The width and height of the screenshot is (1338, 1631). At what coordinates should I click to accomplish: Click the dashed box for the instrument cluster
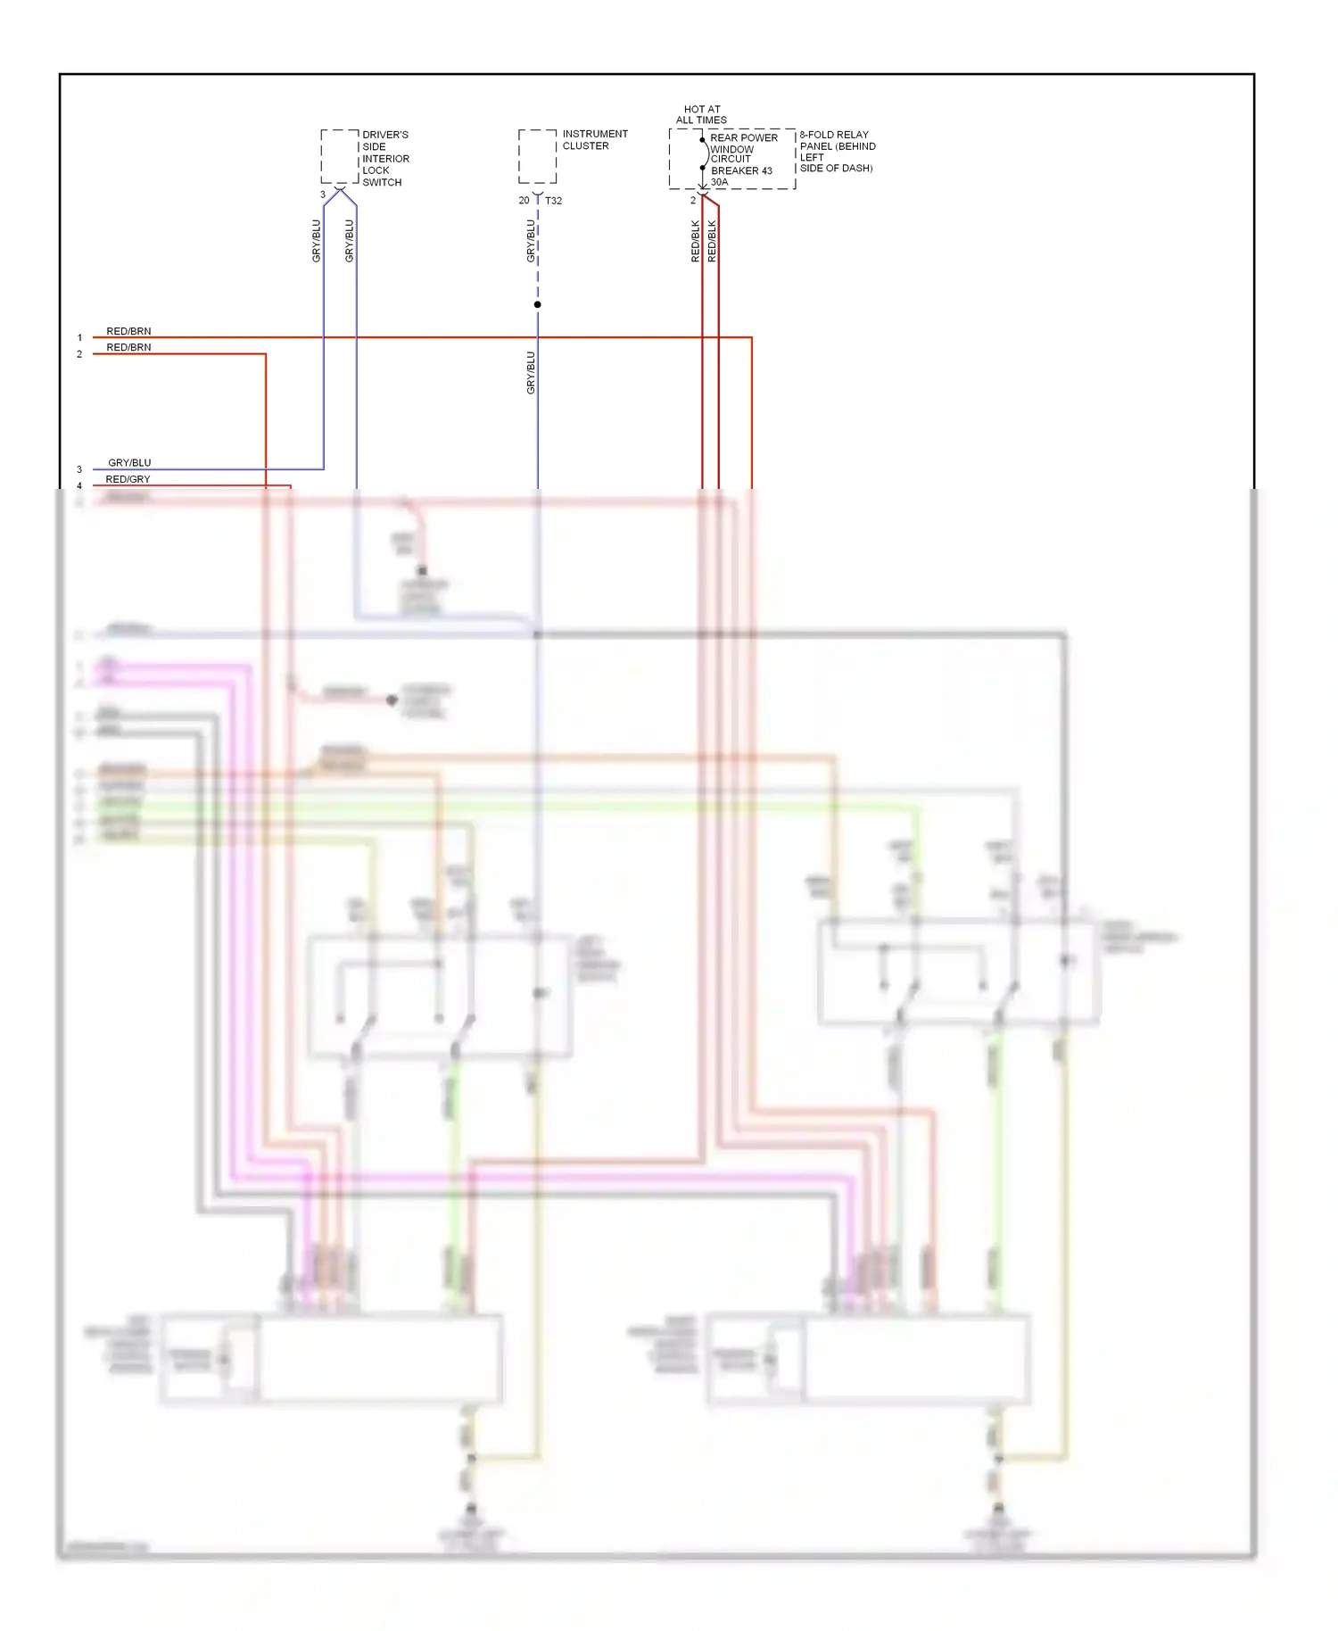tap(537, 156)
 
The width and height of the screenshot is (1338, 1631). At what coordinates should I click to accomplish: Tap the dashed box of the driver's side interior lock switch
tap(339, 157)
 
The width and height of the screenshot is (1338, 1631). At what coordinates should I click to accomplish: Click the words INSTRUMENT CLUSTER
tap(594, 140)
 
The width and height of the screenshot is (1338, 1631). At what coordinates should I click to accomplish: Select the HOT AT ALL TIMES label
tap(701, 114)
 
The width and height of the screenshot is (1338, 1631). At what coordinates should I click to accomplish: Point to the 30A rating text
tap(719, 182)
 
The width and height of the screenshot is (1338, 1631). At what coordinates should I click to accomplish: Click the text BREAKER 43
tap(741, 170)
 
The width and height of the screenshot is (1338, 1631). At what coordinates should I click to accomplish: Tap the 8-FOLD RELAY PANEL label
tap(836, 151)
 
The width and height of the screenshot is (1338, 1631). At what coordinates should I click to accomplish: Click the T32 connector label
tap(553, 201)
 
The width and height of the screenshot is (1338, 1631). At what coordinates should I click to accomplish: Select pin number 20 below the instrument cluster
tap(524, 201)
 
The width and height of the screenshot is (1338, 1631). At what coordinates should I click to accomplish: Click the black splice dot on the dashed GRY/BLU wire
tap(537, 305)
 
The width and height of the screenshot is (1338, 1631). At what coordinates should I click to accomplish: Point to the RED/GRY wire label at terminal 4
tap(128, 479)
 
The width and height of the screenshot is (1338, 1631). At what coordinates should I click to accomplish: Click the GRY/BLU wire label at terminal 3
tap(129, 463)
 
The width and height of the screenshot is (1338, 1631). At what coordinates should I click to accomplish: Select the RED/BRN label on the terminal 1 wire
tap(128, 331)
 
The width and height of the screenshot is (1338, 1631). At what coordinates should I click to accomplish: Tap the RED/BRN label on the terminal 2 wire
tap(128, 347)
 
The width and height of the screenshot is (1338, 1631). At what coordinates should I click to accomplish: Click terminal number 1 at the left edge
tap(79, 338)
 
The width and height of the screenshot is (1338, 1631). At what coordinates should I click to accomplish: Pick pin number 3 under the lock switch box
tap(323, 195)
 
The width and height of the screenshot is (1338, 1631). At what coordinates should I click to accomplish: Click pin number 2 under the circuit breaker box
tap(693, 201)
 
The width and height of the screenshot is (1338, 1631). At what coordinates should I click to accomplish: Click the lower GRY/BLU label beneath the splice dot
tap(531, 373)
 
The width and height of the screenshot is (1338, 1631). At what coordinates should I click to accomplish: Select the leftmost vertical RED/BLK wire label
tap(695, 241)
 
